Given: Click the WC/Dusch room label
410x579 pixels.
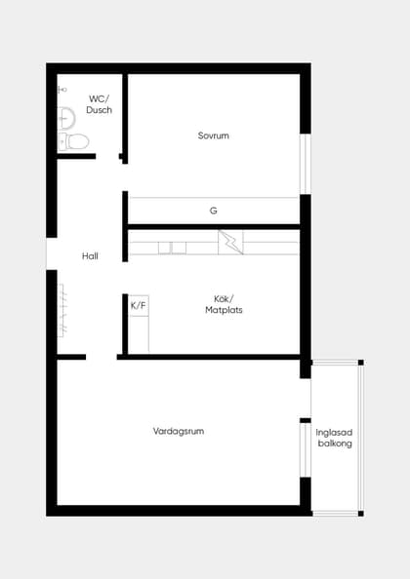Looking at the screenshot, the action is coord(99,104).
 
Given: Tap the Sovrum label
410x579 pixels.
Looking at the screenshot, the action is coord(214,135).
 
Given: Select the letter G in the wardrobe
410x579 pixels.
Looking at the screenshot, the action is coord(214,211).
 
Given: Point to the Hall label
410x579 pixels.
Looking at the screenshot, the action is coord(90,256).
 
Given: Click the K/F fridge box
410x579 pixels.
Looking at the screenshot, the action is coord(139,306).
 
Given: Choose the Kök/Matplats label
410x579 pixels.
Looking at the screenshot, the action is coord(224,304).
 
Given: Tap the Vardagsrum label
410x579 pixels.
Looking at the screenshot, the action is coord(179,431).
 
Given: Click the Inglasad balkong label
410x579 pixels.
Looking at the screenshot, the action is coord(334,438).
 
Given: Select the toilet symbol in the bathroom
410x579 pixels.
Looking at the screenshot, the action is coord(73,141).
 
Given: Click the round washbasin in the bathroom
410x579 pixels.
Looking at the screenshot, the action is coord(66,118).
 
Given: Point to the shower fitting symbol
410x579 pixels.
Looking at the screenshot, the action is coord(62,90).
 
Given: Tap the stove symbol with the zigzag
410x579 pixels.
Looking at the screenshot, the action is coord(230,243).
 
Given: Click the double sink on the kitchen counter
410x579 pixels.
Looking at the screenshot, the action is coord(172,248).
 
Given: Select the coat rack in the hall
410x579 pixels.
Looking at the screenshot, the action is coord(61,310).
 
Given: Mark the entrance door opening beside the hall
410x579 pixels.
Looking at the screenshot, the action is coord(52,253).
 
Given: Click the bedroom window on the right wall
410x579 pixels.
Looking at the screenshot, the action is coord(306,164).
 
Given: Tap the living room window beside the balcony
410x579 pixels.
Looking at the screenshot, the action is coord(306,449).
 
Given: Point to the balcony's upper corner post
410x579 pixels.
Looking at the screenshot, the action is coord(361,363).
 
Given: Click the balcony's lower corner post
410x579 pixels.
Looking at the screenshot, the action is coord(361,514).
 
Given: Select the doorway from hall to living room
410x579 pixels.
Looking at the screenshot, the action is coord(102,357).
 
